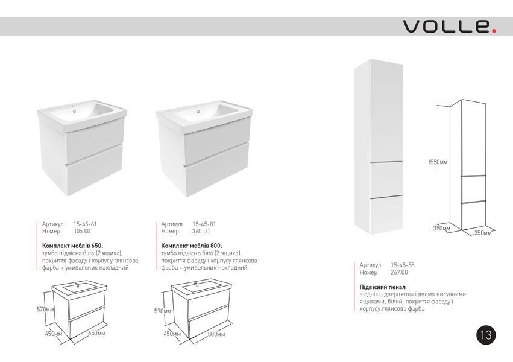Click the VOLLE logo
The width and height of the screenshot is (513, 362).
[450, 26]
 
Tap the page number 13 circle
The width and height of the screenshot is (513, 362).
[486, 335]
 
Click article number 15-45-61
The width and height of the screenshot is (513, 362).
[85, 224]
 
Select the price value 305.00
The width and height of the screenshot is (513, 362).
[82, 232]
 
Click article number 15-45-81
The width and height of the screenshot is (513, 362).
[204, 224]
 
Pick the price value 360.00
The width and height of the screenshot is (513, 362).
[201, 232]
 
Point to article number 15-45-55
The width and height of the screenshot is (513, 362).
[403, 265]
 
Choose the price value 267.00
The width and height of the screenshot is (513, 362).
[400, 272]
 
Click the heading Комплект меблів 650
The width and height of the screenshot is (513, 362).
[72, 246]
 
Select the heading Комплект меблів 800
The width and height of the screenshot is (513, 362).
[192, 246]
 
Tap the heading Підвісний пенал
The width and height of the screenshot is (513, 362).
[382, 287]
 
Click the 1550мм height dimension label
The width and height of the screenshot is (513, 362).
[438, 162]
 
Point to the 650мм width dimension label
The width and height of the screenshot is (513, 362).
[96, 333]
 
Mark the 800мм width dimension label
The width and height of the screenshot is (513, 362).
[216, 334]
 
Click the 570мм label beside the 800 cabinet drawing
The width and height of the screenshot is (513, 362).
[163, 311]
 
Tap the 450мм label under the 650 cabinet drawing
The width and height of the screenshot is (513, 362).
[53, 334]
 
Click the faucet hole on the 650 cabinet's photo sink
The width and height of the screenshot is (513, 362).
[75, 111]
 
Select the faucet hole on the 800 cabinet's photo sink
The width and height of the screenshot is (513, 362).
[198, 112]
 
